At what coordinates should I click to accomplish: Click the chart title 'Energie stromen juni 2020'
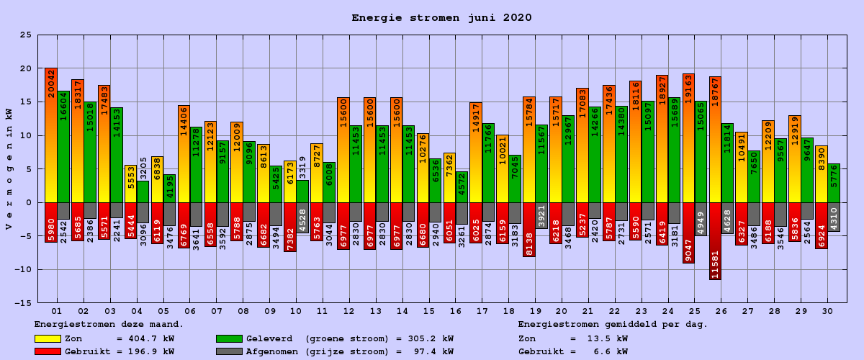[x=441, y=18]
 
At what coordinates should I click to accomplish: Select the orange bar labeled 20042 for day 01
[x=51, y=137]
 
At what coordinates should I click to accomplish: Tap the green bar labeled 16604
[x=63, y=148]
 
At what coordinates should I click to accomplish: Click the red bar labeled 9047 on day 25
[x=688, y=233]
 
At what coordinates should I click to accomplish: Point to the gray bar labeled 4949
[x=701, y=218]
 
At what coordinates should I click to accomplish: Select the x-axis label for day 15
[x=428, y=311]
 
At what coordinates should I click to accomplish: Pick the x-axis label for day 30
[x=827, y=311]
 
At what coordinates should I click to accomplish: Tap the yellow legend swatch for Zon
[x=48, y=338]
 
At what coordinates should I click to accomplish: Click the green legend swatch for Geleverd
[x=229, y=338]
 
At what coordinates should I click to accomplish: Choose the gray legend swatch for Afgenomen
[x=229, y=351]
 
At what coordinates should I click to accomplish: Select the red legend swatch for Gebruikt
[x=48, y=351]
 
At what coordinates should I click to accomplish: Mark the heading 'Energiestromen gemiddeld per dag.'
[x=613, y=325]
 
